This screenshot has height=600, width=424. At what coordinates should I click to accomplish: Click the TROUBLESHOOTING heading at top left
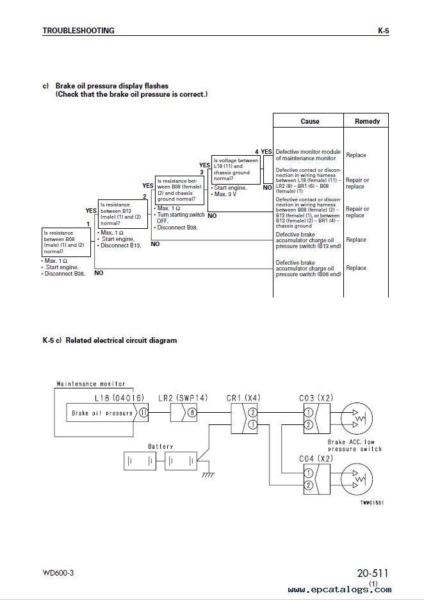click(x=78, y=31)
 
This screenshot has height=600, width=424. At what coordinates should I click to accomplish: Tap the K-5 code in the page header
click(x=384, y=31)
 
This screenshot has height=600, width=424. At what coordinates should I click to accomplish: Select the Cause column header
click(x=310, y=121)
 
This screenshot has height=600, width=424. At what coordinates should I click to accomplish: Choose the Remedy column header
click(x=367, y=121)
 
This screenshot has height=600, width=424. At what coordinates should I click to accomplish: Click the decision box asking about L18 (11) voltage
click(x=236, y=169)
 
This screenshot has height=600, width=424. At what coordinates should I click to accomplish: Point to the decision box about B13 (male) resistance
click(x=123, y=214)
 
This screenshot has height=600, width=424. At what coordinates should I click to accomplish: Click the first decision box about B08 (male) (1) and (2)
click(x=66, y=242)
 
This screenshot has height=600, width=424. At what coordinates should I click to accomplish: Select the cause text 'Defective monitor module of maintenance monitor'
click(x=308, y=155)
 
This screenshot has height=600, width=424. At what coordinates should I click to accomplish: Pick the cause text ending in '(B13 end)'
click(x=308, y=240)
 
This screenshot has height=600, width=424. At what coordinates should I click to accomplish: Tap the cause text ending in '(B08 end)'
click(x=308, y=269)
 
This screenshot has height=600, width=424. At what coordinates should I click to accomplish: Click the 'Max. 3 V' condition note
click(x=224, y=194)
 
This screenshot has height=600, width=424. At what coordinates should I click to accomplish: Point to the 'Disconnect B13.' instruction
click(x=120, y=246)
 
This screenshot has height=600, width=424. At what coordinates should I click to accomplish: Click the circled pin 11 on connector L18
click(x=143, y=413)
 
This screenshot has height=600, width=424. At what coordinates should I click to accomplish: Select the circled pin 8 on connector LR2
click(x=192, y=413)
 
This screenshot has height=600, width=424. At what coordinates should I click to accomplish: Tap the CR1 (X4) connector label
click(x=243, y=398)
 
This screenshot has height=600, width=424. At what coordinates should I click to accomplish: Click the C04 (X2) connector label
click(x=316, y=458)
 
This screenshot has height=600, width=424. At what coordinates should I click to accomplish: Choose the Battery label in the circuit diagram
click(x=161, y=447)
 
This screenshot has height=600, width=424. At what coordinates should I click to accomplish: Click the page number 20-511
click(x=373, y=573)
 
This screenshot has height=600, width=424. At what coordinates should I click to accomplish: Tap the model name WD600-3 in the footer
click(x=58, y=573)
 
